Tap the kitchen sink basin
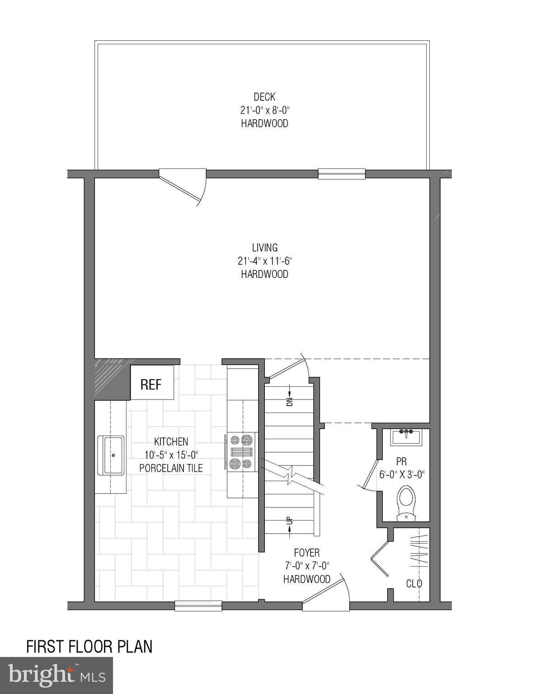coord(111,455)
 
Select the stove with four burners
coord(241,451)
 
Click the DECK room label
coord(264,97)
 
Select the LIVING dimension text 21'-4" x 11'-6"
coord(264,261)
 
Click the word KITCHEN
coord(171,441)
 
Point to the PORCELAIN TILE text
coord(171,468)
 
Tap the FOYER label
coord(306,553)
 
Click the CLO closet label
coord(414,583)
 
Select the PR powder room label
coord(401,462)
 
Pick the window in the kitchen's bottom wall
coord(198,605)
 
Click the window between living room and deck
coord(341,173)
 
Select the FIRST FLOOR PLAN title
coord(89,647)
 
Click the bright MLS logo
coord(56,675)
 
